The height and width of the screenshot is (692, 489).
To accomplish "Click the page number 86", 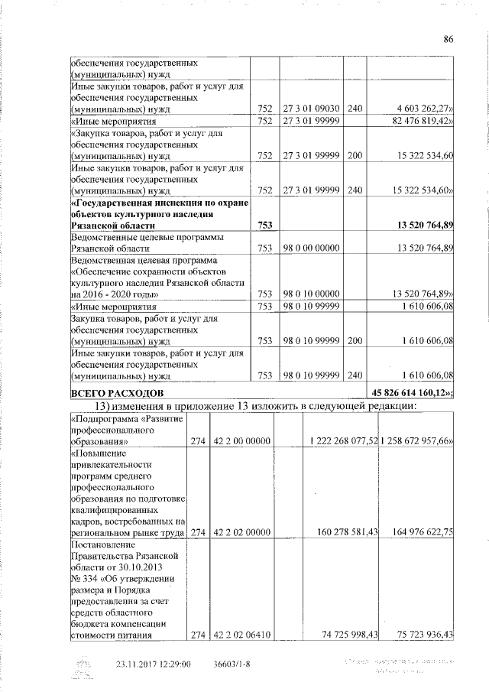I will pyautogui.click(x=449, y=40).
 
